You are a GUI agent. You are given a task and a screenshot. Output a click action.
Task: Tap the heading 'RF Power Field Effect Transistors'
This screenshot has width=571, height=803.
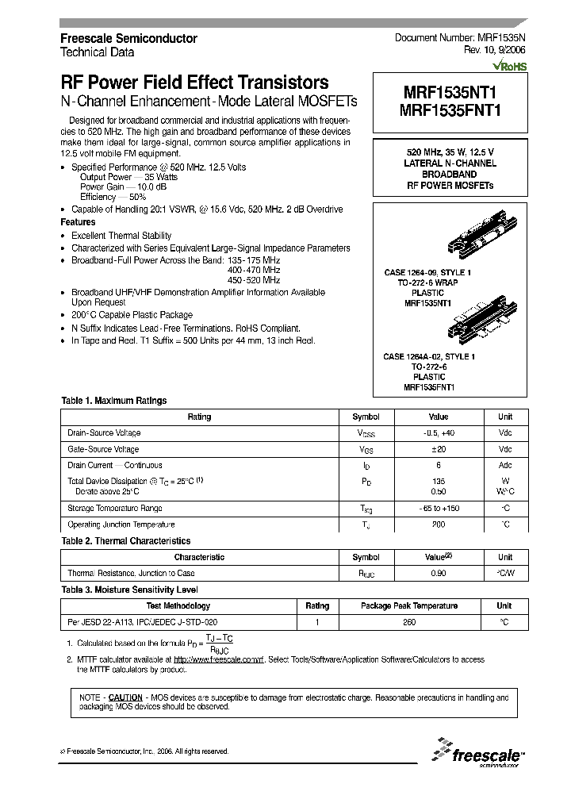(x=194, y=83)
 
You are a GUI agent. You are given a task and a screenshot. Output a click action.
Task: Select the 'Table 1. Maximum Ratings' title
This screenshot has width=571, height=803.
(x=114, y=401)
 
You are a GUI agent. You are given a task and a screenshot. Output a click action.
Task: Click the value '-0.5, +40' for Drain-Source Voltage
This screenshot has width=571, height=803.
(x=438, y=432)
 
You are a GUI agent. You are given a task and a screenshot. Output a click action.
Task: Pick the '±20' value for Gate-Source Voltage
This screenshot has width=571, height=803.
(x=438, y=449)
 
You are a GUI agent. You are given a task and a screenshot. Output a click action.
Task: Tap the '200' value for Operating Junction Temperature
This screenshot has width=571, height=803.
(x=438, y=525)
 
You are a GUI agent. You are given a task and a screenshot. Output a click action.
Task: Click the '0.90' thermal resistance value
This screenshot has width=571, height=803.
(x=438, y=573)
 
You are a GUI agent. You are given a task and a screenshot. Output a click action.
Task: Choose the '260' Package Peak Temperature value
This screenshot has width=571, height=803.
(x=408, y=622)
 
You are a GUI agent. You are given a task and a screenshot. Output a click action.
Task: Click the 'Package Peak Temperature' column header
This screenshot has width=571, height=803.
(x=408, y=605)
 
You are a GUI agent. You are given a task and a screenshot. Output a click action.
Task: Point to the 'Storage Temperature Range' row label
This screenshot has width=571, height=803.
(x=115, y=509)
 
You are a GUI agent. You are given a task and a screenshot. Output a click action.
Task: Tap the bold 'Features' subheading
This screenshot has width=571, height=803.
(x=79, y=223)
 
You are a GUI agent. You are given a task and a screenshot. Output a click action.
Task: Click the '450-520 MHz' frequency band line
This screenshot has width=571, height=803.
(x=254, y=280)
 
